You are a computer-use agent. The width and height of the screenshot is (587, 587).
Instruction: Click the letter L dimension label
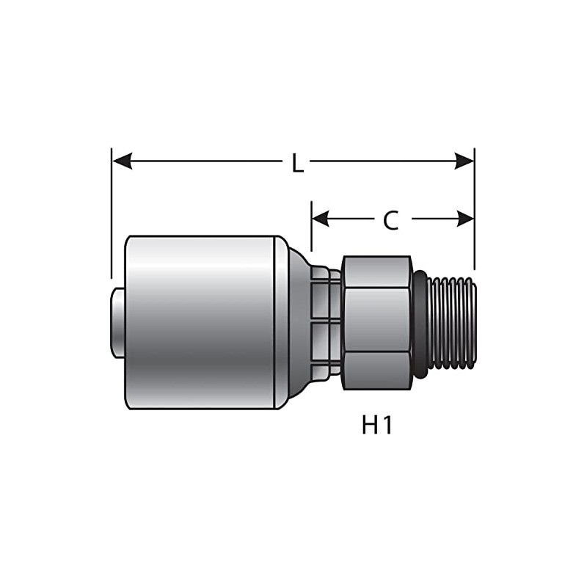tap(297, 163)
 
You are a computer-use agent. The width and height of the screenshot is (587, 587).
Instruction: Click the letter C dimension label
tap(391, 219)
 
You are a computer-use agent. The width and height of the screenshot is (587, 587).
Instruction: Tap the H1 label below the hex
tap(376, 425)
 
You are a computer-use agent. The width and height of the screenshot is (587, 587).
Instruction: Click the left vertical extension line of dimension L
tap(112, 213)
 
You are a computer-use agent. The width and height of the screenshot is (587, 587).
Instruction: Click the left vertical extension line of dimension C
tap(311, 227)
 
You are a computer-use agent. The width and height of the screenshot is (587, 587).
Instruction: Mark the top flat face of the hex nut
tap(376, 271)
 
